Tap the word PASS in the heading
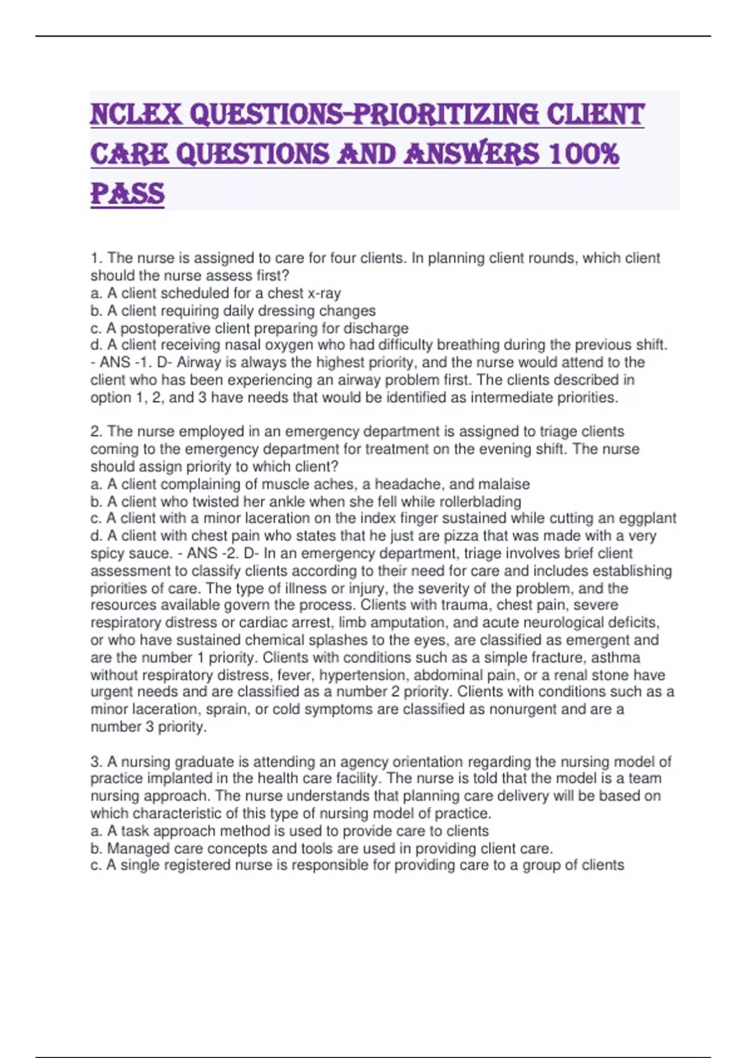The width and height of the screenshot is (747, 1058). (128, 194)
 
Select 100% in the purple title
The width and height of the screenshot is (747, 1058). (584, 154)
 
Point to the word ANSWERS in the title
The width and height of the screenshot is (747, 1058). (472, 154)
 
